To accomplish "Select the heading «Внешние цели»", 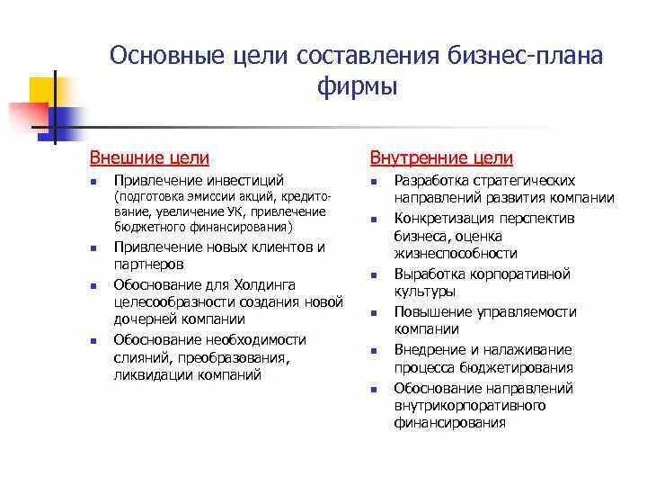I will (149, 158).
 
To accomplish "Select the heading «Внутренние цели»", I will (441, 158).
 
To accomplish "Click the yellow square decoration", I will (45, 91).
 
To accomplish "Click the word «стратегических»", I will (524, 180).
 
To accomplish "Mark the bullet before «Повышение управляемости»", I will (372, 312).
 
